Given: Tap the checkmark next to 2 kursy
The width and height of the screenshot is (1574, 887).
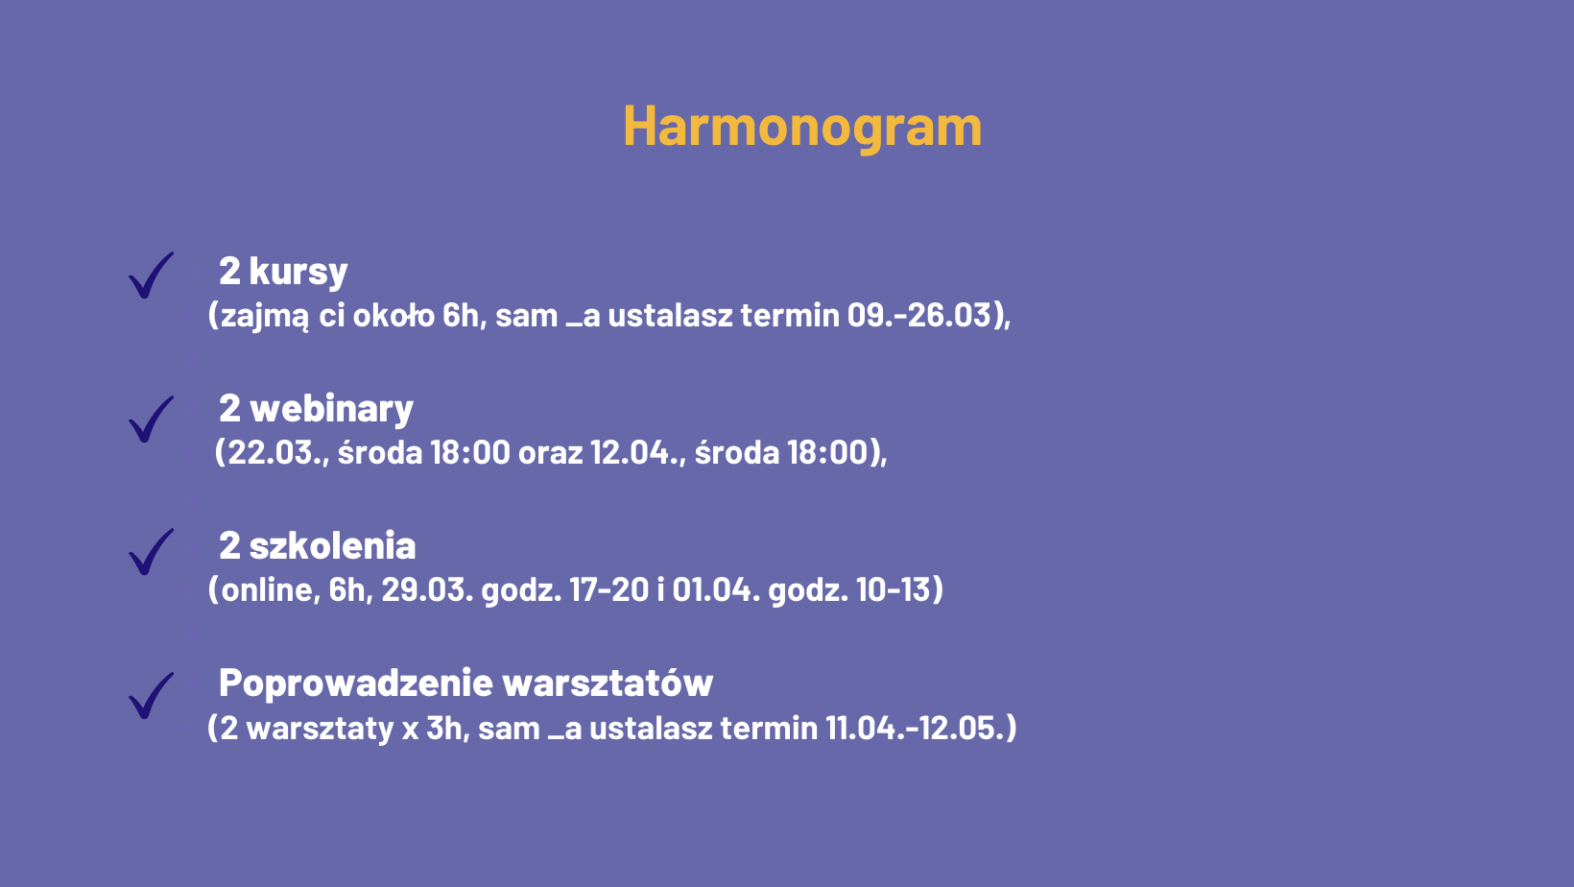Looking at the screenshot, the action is point(151,276).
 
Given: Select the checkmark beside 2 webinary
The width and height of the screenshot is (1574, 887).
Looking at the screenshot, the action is point(151,420).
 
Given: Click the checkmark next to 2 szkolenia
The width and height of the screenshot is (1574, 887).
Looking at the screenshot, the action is point(151,552).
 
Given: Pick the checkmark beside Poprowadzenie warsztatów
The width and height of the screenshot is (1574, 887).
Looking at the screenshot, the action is point(151,697).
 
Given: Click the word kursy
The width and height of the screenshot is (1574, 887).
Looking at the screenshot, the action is point(298,272).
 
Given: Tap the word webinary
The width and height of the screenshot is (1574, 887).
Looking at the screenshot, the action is point(332,409).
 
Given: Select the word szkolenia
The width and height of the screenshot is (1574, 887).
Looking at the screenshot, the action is point(332,545).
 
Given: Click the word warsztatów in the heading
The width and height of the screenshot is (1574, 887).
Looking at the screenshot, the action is point(608,683).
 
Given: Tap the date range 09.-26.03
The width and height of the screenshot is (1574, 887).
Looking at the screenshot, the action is point(918,315).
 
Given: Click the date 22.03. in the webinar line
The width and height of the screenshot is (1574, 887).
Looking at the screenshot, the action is point(274,452).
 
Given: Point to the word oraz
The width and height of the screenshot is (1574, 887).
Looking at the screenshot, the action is point(550,453).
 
